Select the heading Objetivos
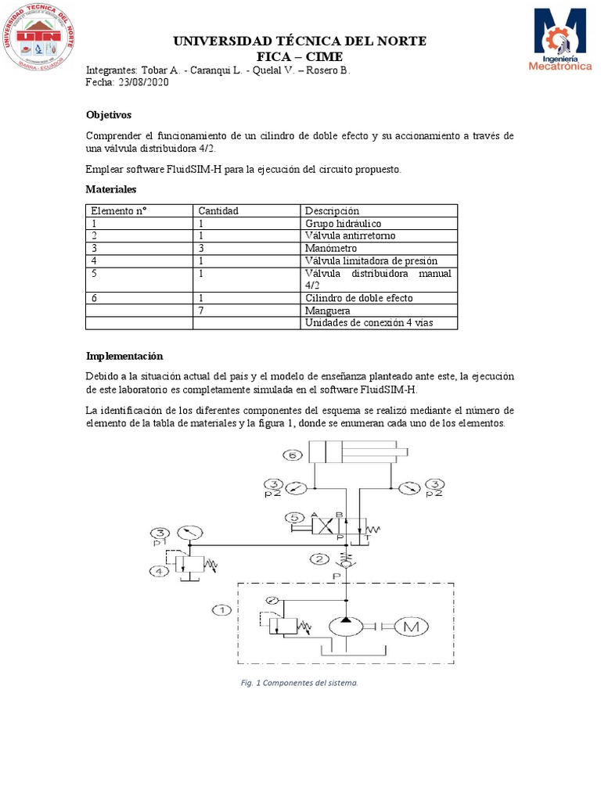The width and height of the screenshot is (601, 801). (109, 115)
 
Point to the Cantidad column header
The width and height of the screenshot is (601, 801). (218, 210)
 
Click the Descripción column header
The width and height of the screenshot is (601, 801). (332, 210)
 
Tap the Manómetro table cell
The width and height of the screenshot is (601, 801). (331, 248)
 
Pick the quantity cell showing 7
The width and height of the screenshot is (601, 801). (201, 311)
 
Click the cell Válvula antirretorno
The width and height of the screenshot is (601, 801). (350, 235)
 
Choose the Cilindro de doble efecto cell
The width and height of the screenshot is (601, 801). (358, 298)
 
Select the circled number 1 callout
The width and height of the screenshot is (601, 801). (221, 609)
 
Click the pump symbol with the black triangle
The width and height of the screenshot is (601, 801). (346, 626)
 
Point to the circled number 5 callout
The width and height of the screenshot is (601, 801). (292, 518)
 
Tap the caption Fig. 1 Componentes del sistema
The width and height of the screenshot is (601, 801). (300, 683)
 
